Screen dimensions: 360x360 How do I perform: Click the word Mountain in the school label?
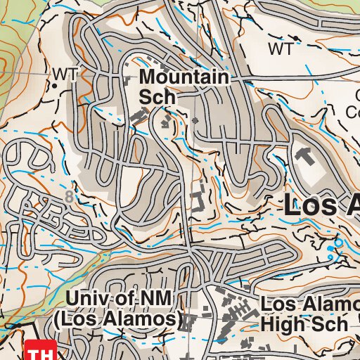click(x=185, y=77)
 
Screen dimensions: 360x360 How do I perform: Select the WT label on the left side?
click(x=64, y=73)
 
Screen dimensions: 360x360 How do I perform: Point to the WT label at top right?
click(x=281, y=49)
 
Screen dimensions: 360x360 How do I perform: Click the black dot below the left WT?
click(x=55, y=85)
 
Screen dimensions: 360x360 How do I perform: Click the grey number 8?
click(x=68, y=198)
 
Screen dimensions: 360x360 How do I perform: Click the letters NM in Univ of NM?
click(x=154, y=299)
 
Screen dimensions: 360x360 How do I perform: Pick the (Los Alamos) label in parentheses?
click(x=115, y=319)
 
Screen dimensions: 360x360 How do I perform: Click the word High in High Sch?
click(x=284, y=323)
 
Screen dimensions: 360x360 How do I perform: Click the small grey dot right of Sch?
click(x=195, y=120)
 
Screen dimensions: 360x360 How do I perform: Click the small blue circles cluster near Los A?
click(x=334, y=245)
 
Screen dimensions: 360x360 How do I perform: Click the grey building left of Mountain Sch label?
click(x=129, y=79)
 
